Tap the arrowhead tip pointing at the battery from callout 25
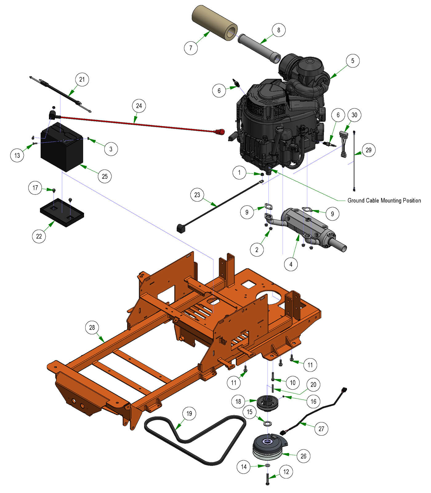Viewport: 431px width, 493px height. pyautogui.click(x=80, y=165)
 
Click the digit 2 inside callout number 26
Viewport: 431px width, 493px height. pyautogui.click(x=302, y=456)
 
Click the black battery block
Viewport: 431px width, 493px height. pyautogui.click(x=62, y=147)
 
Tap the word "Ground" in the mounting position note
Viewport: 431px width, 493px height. pyautogui.click(x=355, y=201)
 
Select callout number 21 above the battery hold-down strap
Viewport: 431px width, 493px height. pyautogui.click(x=82, y=79)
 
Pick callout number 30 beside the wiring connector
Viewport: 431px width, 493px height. pyautogui.click(x=354, y=115)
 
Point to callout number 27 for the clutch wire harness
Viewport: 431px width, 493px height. pyautogui.click(x=321, y=429)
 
